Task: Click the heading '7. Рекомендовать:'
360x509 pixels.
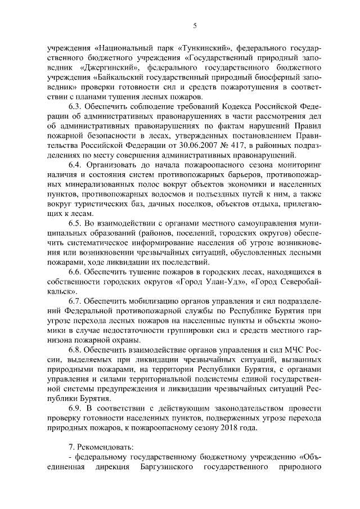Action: click(101, 447)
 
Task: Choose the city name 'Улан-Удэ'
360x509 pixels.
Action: click(229, 282)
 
